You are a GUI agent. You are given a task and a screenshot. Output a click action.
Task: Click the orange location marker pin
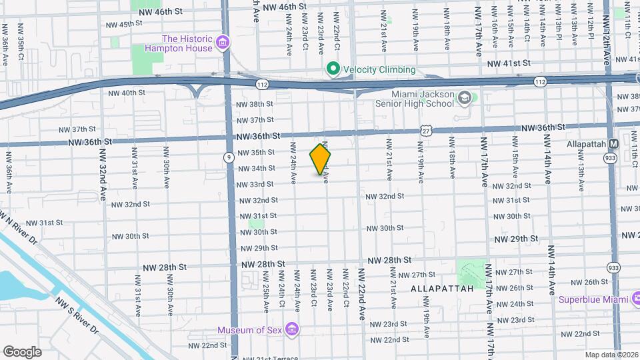click(321, 160)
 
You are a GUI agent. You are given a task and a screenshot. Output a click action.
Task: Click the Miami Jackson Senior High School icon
click(464, 100)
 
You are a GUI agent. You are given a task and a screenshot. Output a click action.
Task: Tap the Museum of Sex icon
click(291, 329)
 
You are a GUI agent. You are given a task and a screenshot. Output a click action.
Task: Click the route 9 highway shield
click(228, 157)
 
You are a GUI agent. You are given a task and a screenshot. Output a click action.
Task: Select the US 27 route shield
click(425, 131)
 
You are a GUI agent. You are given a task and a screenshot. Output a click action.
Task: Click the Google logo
click(22, 351)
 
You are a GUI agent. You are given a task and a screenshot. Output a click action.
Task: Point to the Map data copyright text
click(611, 355)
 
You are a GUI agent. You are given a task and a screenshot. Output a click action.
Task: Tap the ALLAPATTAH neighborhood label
click(441, 288)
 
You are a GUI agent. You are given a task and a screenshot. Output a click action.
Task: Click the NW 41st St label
click(508, 63)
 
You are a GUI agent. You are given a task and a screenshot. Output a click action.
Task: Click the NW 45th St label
click(125, 23)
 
